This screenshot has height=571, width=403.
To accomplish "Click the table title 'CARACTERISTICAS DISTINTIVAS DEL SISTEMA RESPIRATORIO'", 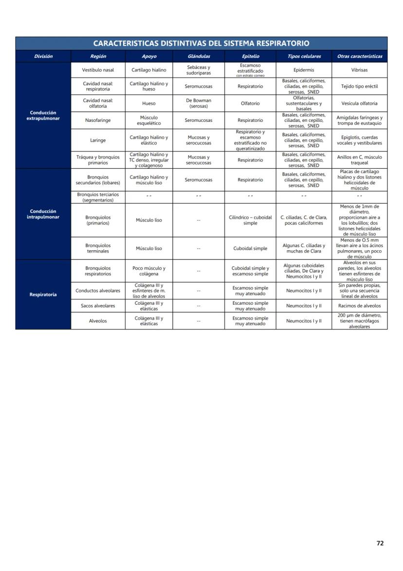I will [201, 43].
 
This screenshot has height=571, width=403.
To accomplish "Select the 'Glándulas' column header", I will [199, 57].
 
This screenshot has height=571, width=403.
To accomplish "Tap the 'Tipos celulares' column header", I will [304, 57].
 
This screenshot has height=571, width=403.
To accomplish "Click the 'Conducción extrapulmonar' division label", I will [43, 116].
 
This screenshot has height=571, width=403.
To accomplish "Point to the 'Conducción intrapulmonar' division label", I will [43, 214].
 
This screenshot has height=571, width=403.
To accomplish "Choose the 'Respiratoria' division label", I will [43, 295].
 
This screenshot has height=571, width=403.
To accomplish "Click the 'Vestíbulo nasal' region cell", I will [98, 70].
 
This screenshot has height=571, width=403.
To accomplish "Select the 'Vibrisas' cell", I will [359, 70].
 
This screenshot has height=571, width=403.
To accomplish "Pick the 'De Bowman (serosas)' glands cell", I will [199, 103].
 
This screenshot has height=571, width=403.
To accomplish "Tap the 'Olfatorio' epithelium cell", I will [250, 103].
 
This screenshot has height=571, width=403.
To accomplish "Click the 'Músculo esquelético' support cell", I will [149, 120].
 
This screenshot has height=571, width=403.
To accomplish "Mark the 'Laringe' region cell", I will [98, 140].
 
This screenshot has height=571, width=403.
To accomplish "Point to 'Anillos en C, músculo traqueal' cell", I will [359, 160].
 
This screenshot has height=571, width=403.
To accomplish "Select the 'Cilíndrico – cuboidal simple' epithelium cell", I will [250, 220].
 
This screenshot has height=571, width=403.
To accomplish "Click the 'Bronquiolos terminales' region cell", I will [98, 248].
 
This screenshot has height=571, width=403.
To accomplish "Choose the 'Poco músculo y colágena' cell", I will [149, 271].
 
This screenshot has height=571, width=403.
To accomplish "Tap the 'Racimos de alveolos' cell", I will [359, 306].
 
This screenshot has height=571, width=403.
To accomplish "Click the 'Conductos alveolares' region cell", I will [98, 291].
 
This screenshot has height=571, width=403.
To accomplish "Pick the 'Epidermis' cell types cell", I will [304, 70].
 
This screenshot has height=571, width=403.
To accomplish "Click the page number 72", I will [380, 543].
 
